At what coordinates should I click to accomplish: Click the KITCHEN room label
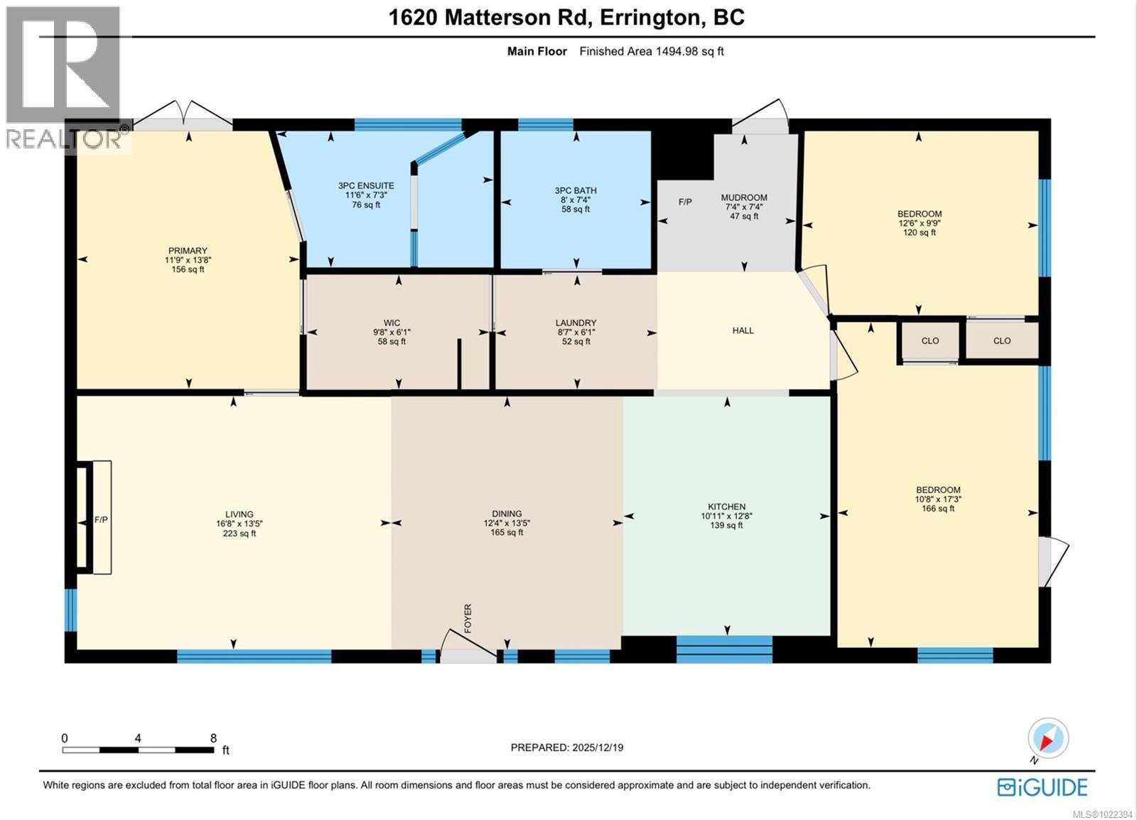click(727, 507)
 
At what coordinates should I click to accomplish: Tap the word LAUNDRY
click(576, 323)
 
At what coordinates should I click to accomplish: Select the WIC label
click(392, 323)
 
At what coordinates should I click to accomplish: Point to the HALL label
click(743, 330)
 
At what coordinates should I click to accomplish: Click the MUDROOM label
click(744, 198)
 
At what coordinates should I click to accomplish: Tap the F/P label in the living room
click(101, 520)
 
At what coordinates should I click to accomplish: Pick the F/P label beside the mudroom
click(685, 202)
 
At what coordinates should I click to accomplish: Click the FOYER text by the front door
click(468, 618)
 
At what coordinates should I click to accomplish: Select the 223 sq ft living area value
click(239, 534)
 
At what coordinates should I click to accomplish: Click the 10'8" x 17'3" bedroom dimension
click(938, 499)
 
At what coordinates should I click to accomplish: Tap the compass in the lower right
click(1048, 738)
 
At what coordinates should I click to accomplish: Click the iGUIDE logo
click(1042, 787)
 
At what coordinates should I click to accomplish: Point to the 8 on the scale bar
click(213, 738)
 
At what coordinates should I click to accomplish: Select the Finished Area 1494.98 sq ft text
click(652, 51)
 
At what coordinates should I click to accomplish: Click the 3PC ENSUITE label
click(366, 185)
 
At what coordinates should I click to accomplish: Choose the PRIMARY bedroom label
click(188, 251)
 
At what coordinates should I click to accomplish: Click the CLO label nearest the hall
click(930, 341)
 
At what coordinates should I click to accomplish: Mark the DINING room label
click(507, 514)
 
